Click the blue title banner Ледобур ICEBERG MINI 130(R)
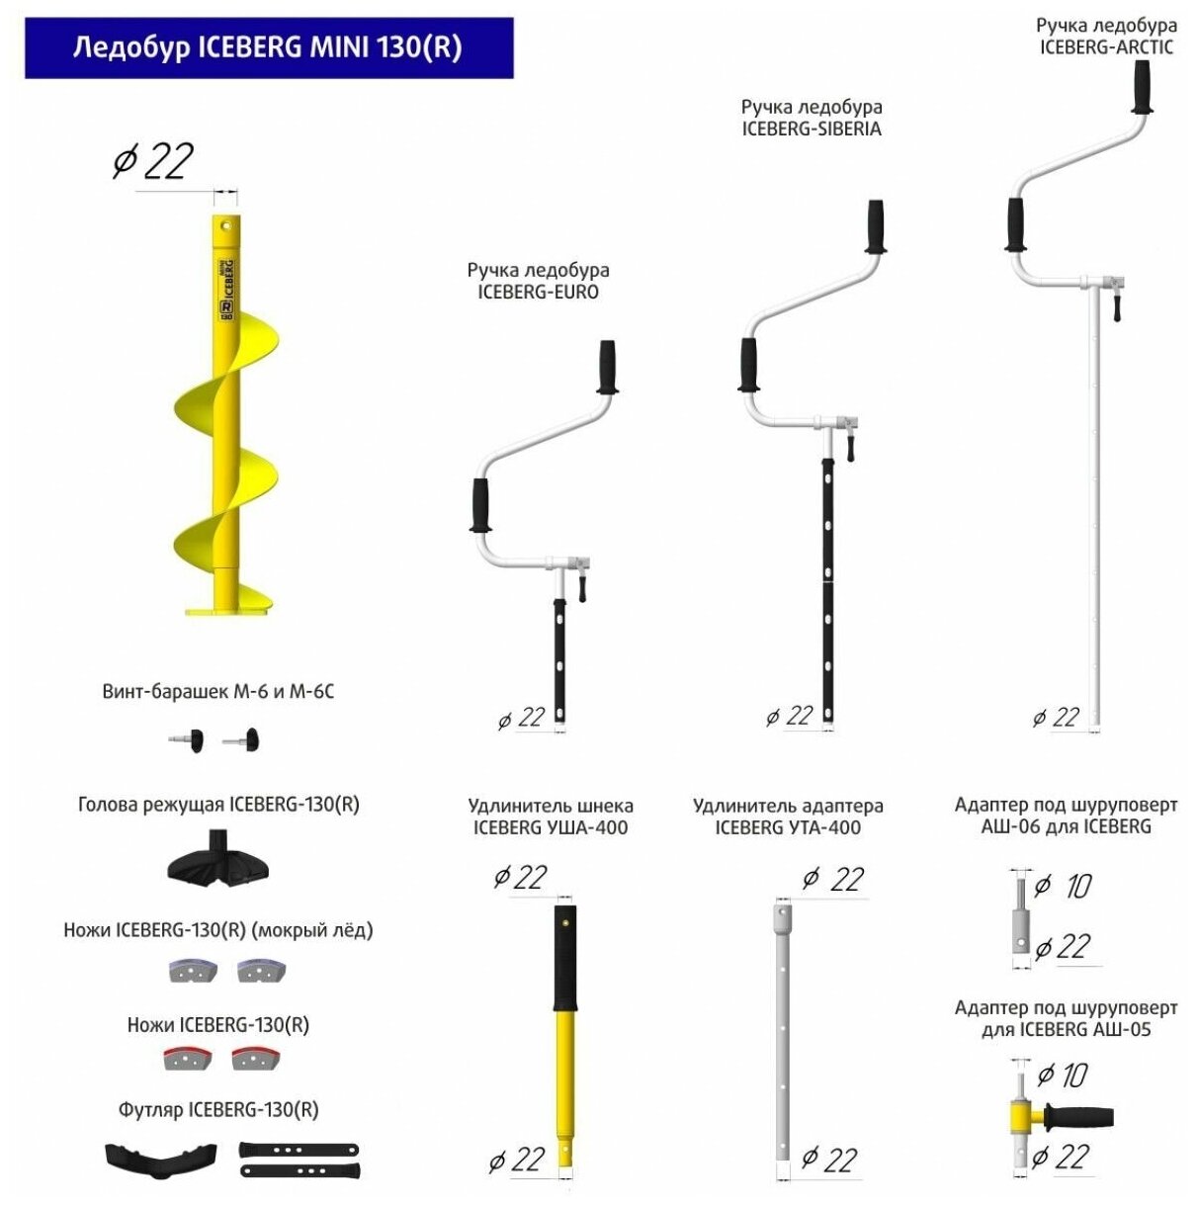(x=268, y=47)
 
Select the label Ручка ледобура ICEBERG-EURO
(x=538, y=281)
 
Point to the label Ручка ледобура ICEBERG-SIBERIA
(x=812, y=118)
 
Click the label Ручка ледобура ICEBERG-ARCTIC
(x=1106, y=36)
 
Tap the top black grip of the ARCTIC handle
(x=1144, y=88)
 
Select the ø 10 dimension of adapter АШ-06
(x=1064, y=886)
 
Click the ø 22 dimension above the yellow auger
(x=153, y=161)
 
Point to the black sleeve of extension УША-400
(x=564, y=957)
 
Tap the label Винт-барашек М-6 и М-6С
(x=217, y=692)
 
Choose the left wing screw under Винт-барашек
(x=187, y=740)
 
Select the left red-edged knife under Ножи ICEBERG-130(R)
(x=184, y=1059)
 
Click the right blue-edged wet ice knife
(x=261, y=971)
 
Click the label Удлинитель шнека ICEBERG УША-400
(x=551, y=817)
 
